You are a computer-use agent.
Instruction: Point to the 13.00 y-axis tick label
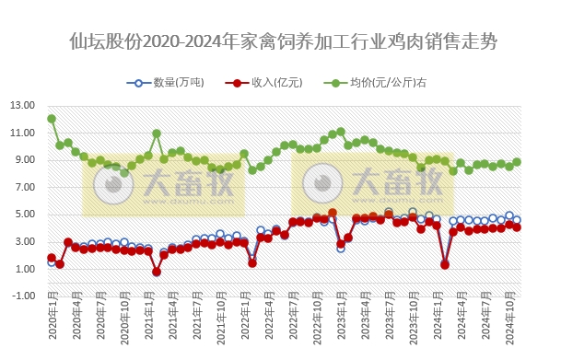pyautogui.click(x=22, y=105)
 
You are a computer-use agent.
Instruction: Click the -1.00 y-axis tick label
pyautogui.click(x=22, y=296)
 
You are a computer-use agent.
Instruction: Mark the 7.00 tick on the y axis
pyautogui.click(x=24, y=187)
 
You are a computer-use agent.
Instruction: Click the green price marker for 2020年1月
pyautogui.click(x=52, y=119)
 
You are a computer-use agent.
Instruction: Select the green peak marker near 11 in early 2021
pyautogui.click(x=157, y=134)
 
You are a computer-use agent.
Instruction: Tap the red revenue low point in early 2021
pyautogui.click(x=157, y=272)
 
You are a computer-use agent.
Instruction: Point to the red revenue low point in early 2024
pyautogui.click(x=445, y=265)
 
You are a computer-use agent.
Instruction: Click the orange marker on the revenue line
pyautogui.click(x=333, y=213)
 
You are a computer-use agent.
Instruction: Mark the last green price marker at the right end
pyautogui.click(x=517, y=162)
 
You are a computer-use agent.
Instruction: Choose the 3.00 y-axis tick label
pyautogui.click(x=24, y=241)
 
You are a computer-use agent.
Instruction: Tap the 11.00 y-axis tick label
pyautogui.click(x=22, y=133)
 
